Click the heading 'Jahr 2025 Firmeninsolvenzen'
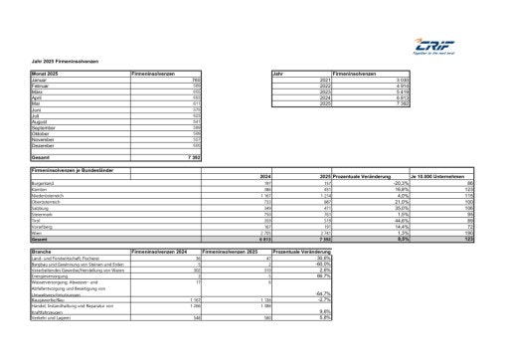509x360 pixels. click(63, 62)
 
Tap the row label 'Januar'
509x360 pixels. click(41, 81)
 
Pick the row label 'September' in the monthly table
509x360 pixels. click(46, 128)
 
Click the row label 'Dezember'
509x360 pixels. click(45, 146)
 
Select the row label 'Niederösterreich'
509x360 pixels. click(51, 196)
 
